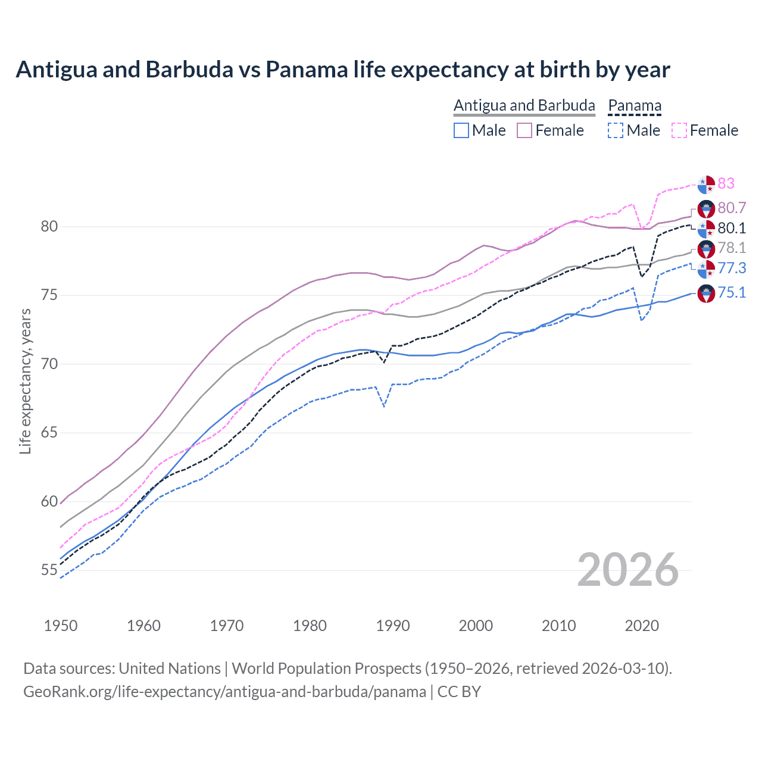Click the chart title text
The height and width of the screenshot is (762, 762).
click(x=343, y=70)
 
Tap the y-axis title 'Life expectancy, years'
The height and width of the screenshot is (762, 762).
click(x=25, y=382)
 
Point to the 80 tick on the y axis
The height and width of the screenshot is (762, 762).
click(x=49, y=227)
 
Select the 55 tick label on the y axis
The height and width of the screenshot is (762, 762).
click(x=49, y=570)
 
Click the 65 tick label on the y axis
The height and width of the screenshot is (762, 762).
click(x=49, y=433)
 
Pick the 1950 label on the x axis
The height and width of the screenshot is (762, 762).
click(x=61, y=626)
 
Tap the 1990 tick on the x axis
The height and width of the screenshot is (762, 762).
click(x=393, y=626)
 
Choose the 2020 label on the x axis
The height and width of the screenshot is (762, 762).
click(x=642, y=626)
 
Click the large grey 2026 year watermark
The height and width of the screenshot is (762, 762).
click(x=628, y=570)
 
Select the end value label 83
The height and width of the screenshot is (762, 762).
click(x=726, y=183)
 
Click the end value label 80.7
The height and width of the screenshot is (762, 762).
click(x=732, y=208)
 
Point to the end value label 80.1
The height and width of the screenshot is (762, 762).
click(x=732, y=228)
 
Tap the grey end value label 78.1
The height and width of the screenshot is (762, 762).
click(x=732, y=248)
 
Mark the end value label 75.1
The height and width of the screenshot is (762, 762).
click(x=732, y=292)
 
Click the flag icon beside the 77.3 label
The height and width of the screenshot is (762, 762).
click(x=706, y=269)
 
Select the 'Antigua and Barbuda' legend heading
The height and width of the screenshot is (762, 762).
click(x=524, y=105)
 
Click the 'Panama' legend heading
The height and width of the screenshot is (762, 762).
click(x=635, y=105)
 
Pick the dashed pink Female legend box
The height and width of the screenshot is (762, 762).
click(x=679, y=130)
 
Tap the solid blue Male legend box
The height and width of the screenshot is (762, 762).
click(x=461, y=130)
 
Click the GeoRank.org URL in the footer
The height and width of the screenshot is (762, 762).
click(x=224, y=692)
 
